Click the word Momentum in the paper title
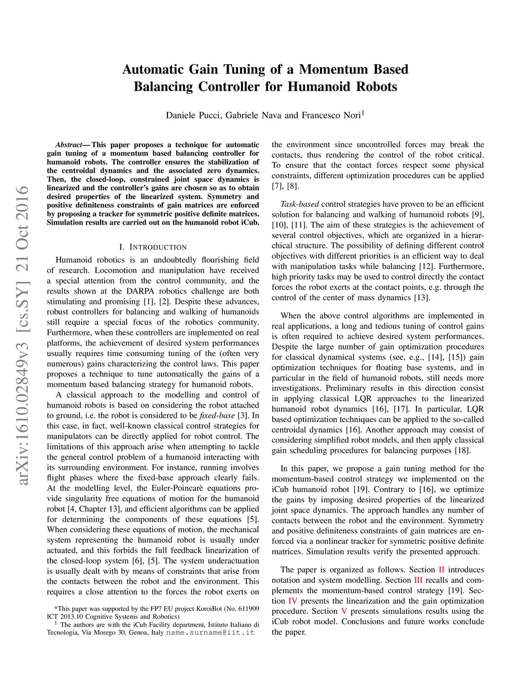click(x=334, y=69)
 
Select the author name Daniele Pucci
click(x=193, y=115)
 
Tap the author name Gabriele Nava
click(x=253, y=115)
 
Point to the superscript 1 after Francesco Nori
click(x=363, y=113)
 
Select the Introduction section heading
click(x=153, y=247)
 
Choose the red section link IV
click(x=292, y=601)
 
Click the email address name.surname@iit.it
click(x=211, y=633)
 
